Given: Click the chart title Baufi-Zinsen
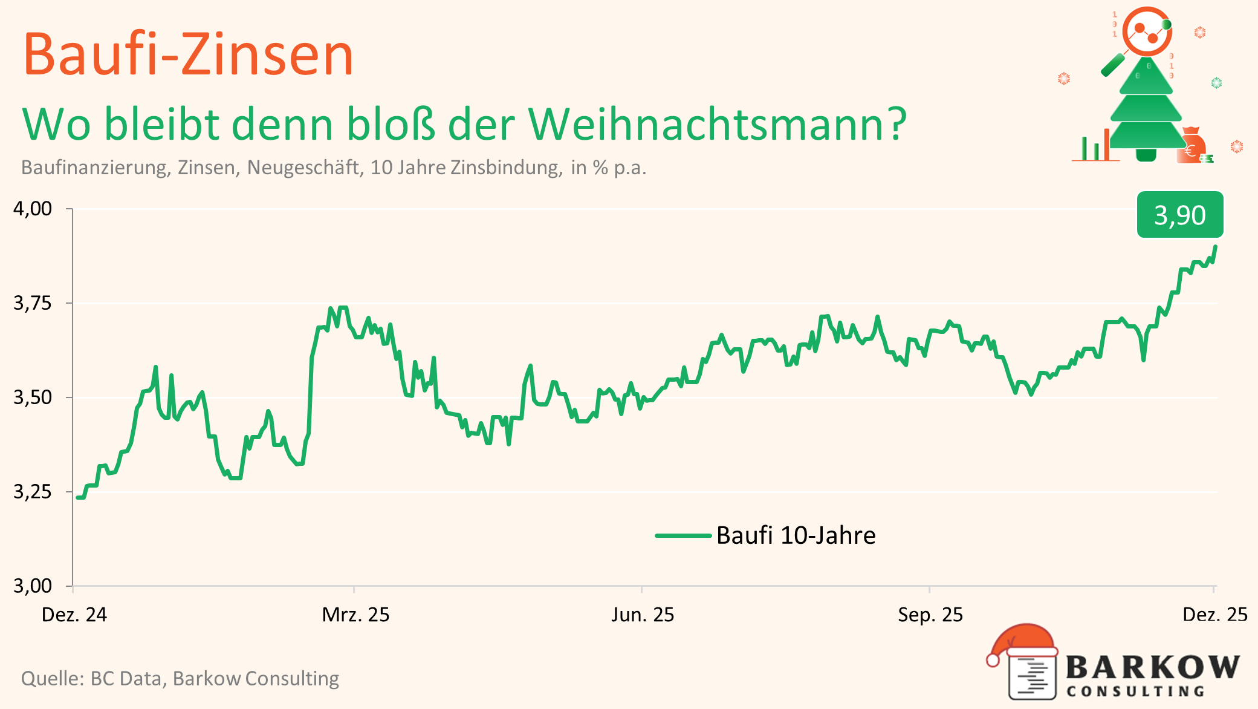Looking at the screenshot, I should [x=188, y=55].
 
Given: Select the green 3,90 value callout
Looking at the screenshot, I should [x=1179, y=215].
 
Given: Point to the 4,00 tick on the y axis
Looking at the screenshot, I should [x=33, y=209].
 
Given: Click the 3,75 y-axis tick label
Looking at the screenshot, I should [x=33, y=303].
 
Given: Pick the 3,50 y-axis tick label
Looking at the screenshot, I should [x=33, y=397].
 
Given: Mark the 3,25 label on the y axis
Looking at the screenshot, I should [x=33, y=492].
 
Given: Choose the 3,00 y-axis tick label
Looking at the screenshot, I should [x=33, y=586].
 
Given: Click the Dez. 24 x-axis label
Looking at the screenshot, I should [x=74, y=615].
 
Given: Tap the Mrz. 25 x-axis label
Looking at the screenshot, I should [x=355, y=615].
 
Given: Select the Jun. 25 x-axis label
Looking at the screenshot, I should [x=642, y=615].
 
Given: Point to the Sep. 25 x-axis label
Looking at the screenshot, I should [x=930, y=615].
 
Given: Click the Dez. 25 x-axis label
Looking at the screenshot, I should [x=1214, y=615].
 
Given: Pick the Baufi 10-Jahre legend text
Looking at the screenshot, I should [x=796, y=535].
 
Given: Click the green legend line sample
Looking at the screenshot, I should [x=682, y=535].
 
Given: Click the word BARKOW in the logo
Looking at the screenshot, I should [x=1152, y=667].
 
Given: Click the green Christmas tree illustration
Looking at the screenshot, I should [x=1146, y=109].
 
